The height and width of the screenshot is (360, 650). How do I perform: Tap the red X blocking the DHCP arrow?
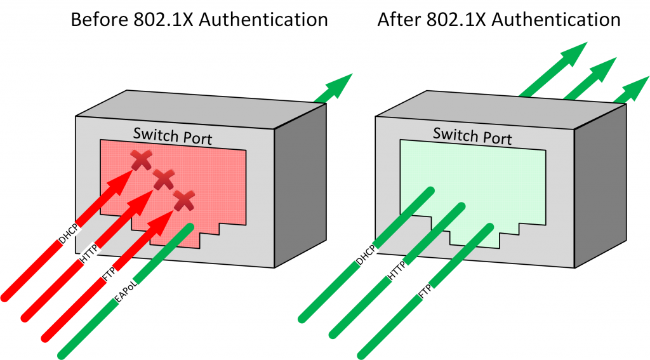tap(141, 161)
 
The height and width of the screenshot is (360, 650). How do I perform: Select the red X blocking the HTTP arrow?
tap(163, 181)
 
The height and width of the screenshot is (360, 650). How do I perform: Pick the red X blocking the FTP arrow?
tap(184, 201)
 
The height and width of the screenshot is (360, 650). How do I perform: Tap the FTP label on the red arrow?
tap(109, 276)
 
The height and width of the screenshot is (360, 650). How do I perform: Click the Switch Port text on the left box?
tap(172, 135)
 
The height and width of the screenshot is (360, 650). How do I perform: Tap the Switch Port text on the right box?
tap(472, 135)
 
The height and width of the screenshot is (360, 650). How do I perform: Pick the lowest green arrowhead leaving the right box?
tap(632, 90)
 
